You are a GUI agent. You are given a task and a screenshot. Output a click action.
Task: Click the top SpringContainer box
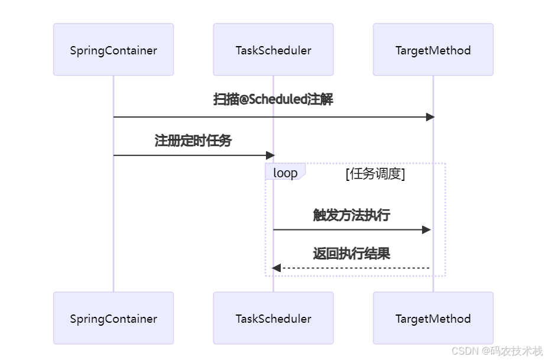[113, 50]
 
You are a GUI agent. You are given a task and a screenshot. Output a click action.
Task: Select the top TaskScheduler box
[273, 50]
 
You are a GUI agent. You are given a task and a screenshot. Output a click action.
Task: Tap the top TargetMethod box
[433, 50]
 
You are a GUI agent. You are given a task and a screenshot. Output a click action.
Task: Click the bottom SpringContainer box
[113, 319]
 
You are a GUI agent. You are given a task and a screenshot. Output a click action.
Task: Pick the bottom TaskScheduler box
[273, 319]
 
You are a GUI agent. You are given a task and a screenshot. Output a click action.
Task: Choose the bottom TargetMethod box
[433, 319]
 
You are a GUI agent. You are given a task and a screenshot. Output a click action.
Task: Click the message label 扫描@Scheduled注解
[273, 99]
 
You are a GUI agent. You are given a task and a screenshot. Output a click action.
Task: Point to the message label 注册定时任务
[193, 141]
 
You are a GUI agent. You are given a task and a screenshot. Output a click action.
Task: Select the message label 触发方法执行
[352, 215]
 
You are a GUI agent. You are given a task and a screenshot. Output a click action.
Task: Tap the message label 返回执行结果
[352, 254]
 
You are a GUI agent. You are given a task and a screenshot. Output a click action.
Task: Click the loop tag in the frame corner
[285, 173]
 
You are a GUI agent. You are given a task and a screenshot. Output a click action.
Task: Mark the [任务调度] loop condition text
[375, 173]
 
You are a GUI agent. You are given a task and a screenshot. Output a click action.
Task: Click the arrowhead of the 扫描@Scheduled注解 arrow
[430, 117]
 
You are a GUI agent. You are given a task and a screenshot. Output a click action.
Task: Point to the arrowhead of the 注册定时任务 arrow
[271, 155]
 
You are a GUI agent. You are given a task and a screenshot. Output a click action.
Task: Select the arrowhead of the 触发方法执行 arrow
[427, 229]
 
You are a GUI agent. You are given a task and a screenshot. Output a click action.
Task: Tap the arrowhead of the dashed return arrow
[276, 268]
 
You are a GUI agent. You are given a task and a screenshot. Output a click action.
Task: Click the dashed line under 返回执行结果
[355, 268]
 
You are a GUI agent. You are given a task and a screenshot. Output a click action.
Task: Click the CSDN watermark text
[497, 351]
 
